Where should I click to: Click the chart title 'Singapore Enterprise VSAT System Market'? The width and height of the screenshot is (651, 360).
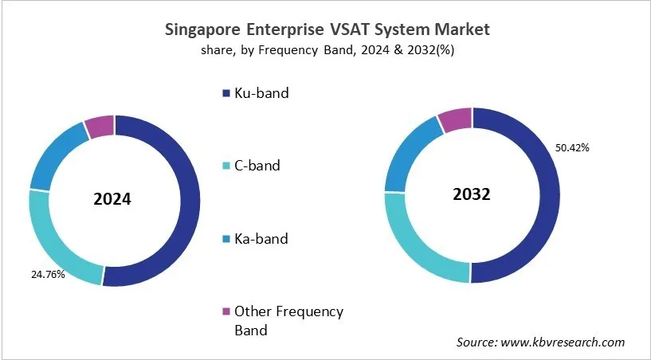327,30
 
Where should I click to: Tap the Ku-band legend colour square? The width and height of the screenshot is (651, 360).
225,94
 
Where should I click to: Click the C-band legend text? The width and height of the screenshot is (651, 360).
257,166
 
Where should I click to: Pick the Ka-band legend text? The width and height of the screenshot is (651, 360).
260,238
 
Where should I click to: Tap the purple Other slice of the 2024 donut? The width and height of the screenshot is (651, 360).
100,127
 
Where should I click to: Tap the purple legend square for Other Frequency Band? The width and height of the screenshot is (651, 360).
225,311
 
